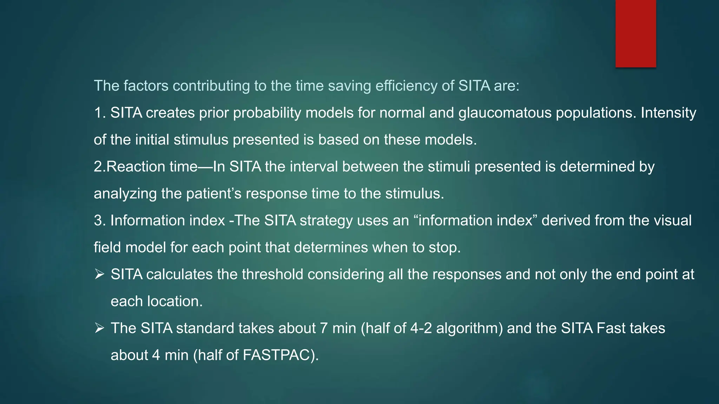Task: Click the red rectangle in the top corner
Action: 635,33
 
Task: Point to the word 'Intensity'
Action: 668,113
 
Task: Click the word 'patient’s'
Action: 214,194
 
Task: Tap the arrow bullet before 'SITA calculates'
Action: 99,274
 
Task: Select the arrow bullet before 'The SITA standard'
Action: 99,328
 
